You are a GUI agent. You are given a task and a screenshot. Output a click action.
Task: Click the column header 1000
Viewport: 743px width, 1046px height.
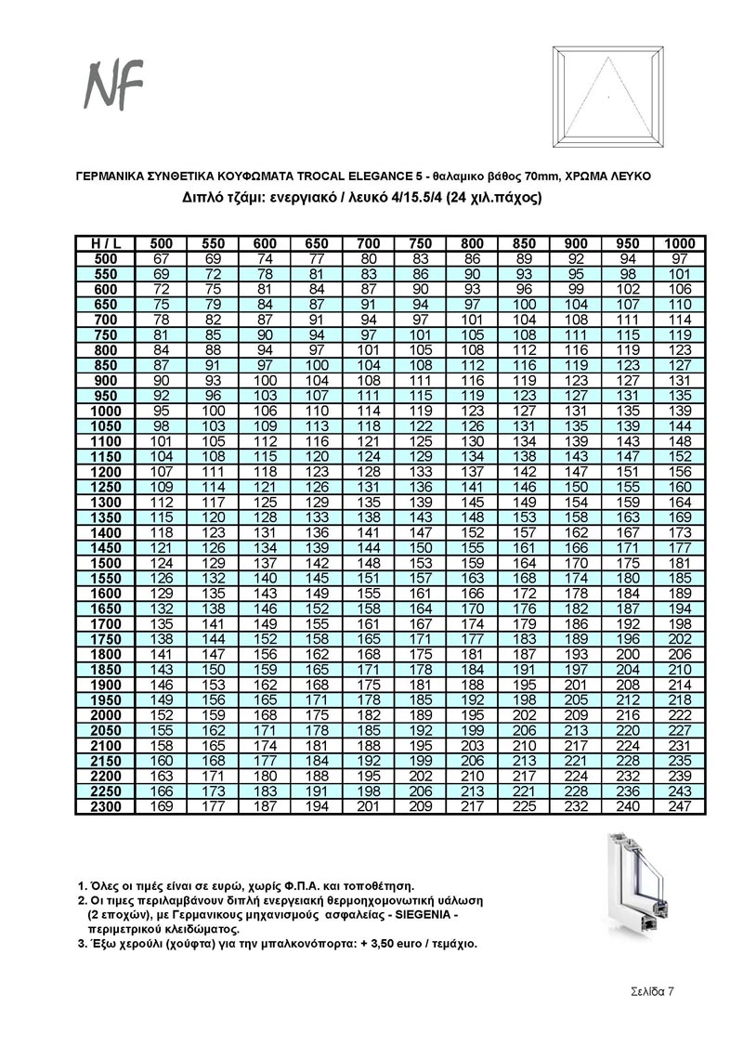point(680,243)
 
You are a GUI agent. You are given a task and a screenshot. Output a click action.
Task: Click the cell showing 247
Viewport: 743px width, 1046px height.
point(680,806)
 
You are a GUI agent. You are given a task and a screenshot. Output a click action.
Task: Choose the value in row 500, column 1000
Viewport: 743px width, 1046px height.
point(680,258)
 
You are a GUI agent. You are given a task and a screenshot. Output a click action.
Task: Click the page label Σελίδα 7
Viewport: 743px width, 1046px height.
point(646,991)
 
